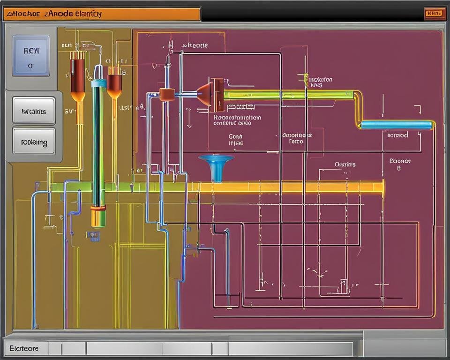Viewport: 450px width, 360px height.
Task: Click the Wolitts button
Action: (x=34, y=112)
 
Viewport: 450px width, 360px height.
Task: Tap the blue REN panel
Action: (x=31, y=55)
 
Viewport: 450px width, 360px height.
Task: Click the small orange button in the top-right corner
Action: (x=435, y=14)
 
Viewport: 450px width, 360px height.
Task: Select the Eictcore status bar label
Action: (x=24, y=348)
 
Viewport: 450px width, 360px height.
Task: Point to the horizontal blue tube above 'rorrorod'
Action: (x=397, y=125)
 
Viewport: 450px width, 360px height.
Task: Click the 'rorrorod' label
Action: (x=397, y=135)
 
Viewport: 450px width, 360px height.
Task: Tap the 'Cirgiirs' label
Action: (x=345, y=165)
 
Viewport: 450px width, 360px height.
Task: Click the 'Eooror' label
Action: (x=400, y=161)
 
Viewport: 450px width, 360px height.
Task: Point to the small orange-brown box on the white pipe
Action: (x=167, y=95)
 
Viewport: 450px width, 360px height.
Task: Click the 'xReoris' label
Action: (x=195, y=45)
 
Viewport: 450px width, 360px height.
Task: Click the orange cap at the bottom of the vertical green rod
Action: (x=98, y=217)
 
